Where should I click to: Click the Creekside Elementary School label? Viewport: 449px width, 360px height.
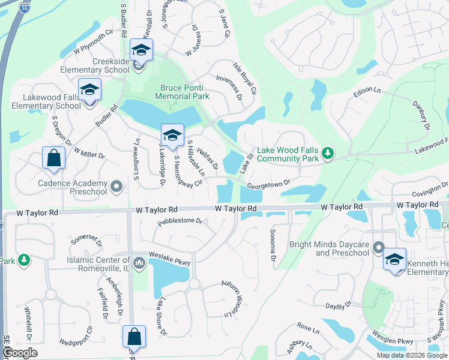point(111,65)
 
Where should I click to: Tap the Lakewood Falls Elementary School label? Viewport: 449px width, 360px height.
point(52,101)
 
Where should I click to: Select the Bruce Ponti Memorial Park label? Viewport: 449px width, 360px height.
point(182,91)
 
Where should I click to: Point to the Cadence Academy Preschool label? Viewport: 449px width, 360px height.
point(64,187)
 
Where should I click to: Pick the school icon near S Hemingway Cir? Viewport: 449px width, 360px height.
point(172,135)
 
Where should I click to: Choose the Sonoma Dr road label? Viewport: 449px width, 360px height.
point(273,245)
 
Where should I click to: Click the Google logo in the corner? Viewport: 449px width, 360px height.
point(20,353)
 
